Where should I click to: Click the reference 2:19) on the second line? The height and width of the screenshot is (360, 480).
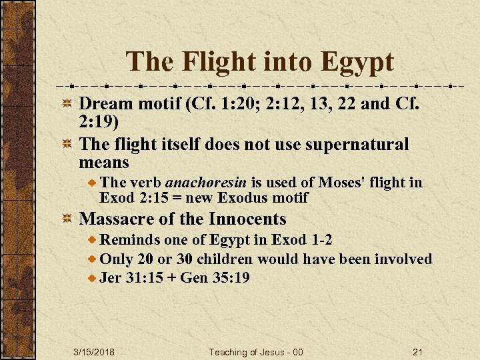(x=101, y=122)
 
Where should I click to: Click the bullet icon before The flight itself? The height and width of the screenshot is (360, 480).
(x=67, y=145)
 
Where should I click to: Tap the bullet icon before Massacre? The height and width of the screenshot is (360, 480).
(x=67, y=219)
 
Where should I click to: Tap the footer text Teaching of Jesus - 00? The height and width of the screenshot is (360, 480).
(x=256, y=352)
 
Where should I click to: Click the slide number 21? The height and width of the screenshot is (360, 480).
(x=418, y=352)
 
